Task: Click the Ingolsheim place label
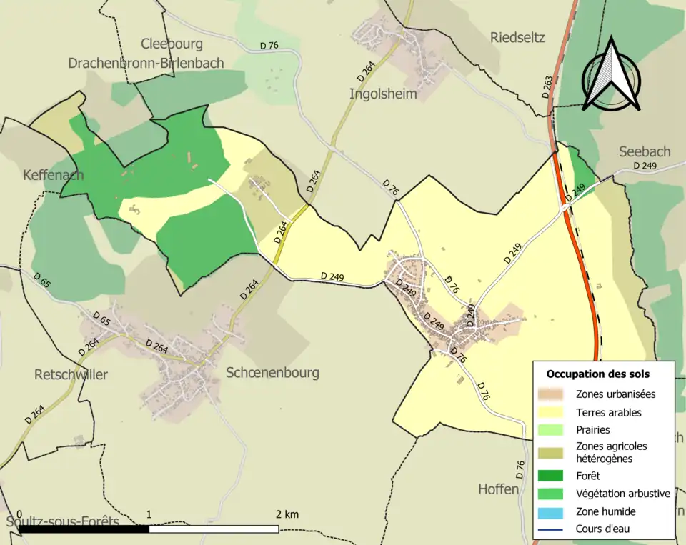383,94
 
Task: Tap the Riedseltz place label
517,38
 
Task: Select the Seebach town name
645,151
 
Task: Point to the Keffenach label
53,175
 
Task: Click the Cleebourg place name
172,44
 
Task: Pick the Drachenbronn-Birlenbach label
146,63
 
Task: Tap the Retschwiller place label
71,374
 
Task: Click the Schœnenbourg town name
272,372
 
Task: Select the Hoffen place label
498,489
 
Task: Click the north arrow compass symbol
610,76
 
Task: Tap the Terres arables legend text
608,412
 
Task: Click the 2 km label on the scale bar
288,514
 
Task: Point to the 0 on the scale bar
19,514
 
